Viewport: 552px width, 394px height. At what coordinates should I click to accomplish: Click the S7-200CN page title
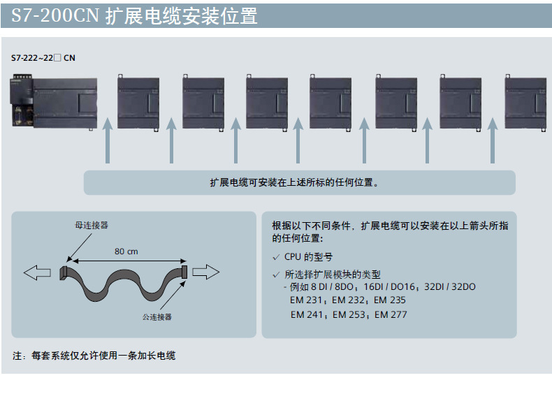[x=134, y=16]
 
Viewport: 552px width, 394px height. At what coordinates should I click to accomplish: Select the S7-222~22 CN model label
[x=43, y=58]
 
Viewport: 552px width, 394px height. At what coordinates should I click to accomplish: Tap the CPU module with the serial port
[x=54, y=102]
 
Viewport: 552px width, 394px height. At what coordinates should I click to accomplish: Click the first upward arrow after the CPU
[x=108, y=140]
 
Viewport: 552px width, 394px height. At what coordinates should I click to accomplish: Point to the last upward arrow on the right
[x=493, y=140]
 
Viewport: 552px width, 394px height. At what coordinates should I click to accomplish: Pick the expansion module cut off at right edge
[x=525, y=103]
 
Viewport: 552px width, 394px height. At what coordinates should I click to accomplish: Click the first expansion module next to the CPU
[x=138, y=103]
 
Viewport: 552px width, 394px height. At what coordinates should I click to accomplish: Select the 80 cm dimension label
[x=126, y=251]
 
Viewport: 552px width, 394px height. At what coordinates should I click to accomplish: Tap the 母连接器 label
[x=92, y=226]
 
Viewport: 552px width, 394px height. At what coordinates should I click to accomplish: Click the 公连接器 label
[x=157, y=317]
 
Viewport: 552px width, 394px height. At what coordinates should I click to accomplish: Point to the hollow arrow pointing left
[x=37, y=272]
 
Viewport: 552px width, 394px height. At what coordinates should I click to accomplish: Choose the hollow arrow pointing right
[x=206, y=272]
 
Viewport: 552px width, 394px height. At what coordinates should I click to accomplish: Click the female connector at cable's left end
[x=63, y=273]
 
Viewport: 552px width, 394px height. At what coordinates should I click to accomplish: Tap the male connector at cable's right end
[x=184, y=272]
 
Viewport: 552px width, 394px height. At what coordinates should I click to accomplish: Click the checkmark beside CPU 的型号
[x=277, y=257]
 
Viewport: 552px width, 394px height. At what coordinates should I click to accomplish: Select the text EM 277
[x=391, y=314]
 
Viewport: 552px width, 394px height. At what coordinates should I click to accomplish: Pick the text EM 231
[x=306, y=300]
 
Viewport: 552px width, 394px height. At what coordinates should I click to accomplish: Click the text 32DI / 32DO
[x=450, y=286]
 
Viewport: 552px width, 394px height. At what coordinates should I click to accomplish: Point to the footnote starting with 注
[x=94, y=356]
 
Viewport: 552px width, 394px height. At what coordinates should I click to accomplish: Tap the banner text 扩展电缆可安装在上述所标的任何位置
[x=294, y=182]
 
